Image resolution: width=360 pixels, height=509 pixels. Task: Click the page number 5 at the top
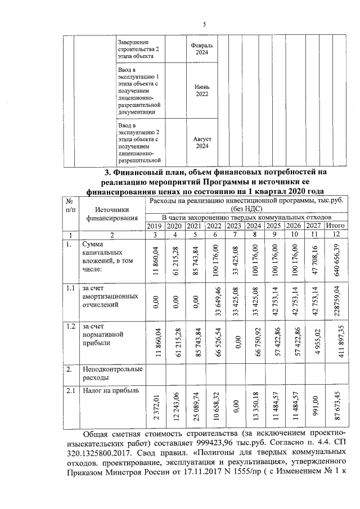click(204, 24)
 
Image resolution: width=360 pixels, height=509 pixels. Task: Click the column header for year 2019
click(154, 226)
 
